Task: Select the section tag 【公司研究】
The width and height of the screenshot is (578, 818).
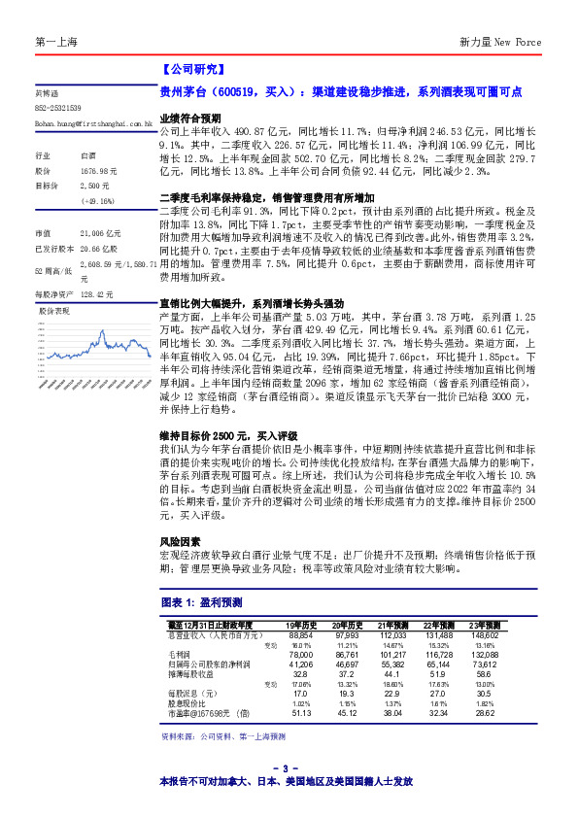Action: (x=191, y=70)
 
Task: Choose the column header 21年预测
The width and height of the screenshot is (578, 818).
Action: (x=393, y=625)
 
